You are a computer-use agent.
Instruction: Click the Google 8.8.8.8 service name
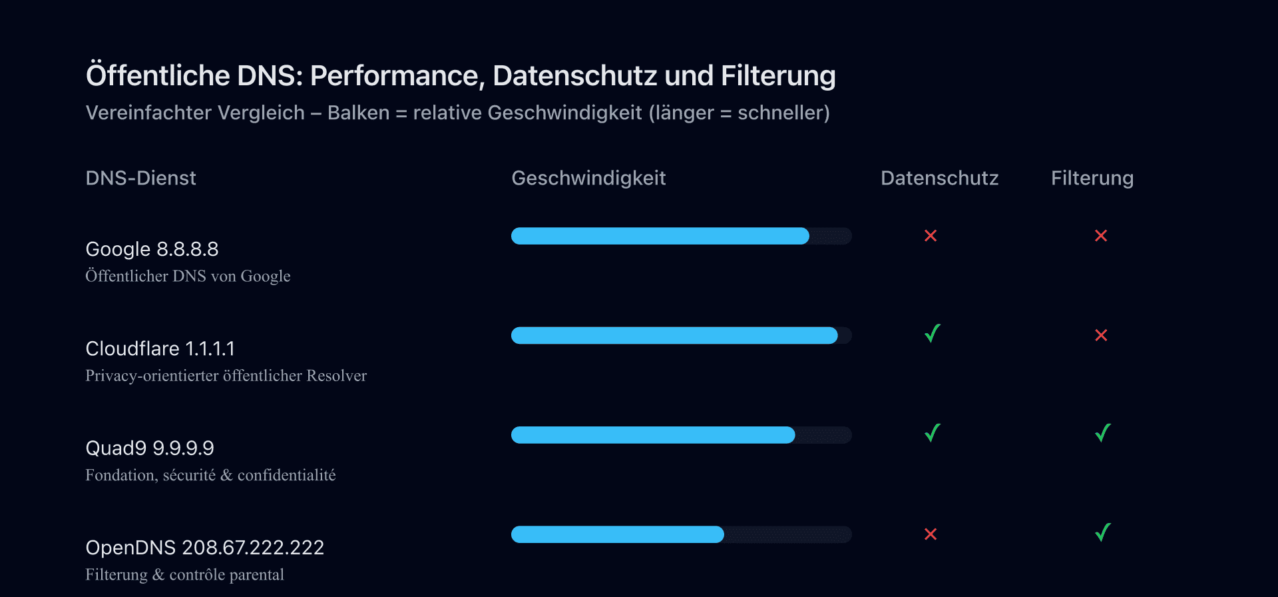[152, 249]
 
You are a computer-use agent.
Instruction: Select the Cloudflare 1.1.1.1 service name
[160, 348]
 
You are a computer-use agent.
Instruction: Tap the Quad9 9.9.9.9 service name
[150, 448]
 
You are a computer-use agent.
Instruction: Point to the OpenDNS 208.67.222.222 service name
[204, 548]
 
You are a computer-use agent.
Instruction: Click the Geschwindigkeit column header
[588, 178]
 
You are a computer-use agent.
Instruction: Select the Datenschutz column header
[939, 178]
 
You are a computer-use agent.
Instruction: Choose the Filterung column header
[1092, 178]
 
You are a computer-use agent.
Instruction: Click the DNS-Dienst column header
[140, 178]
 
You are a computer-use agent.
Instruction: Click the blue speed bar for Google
[660, 236]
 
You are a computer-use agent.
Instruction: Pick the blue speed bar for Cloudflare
[674, 335]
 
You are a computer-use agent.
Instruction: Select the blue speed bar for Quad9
[652, 435]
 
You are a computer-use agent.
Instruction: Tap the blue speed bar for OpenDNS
[617, 534]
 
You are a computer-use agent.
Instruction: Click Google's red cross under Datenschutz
[931, 236]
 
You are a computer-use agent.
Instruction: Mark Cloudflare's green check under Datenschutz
[933, 333]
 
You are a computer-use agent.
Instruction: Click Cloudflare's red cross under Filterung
[1101, 335]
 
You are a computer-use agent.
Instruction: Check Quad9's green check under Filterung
[1103, 433]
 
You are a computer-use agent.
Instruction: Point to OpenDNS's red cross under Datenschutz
[931, 534]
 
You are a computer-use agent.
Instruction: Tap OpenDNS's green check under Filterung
[1103, 532]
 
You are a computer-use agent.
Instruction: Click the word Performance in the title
[397, 76]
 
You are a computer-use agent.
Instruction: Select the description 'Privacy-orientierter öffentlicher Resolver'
[226, 376]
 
